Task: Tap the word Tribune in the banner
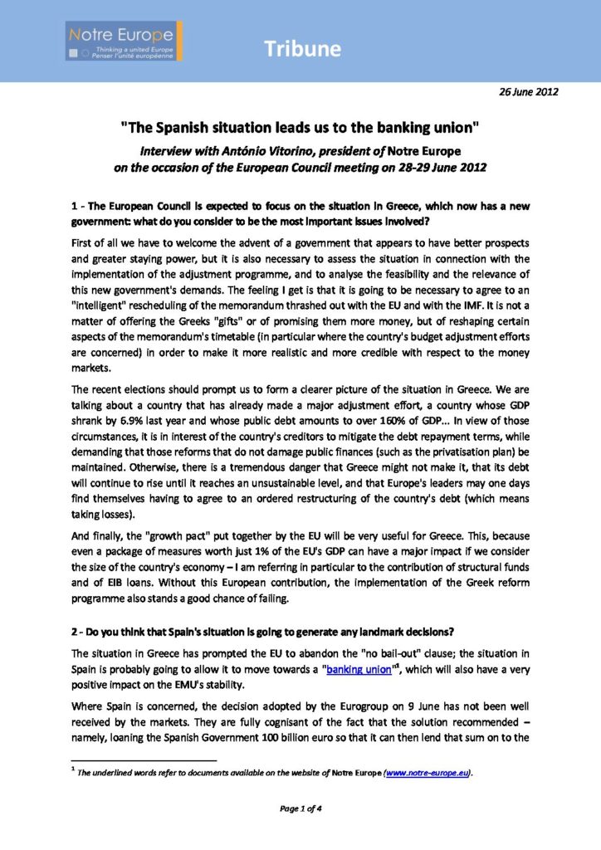[303, 49]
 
